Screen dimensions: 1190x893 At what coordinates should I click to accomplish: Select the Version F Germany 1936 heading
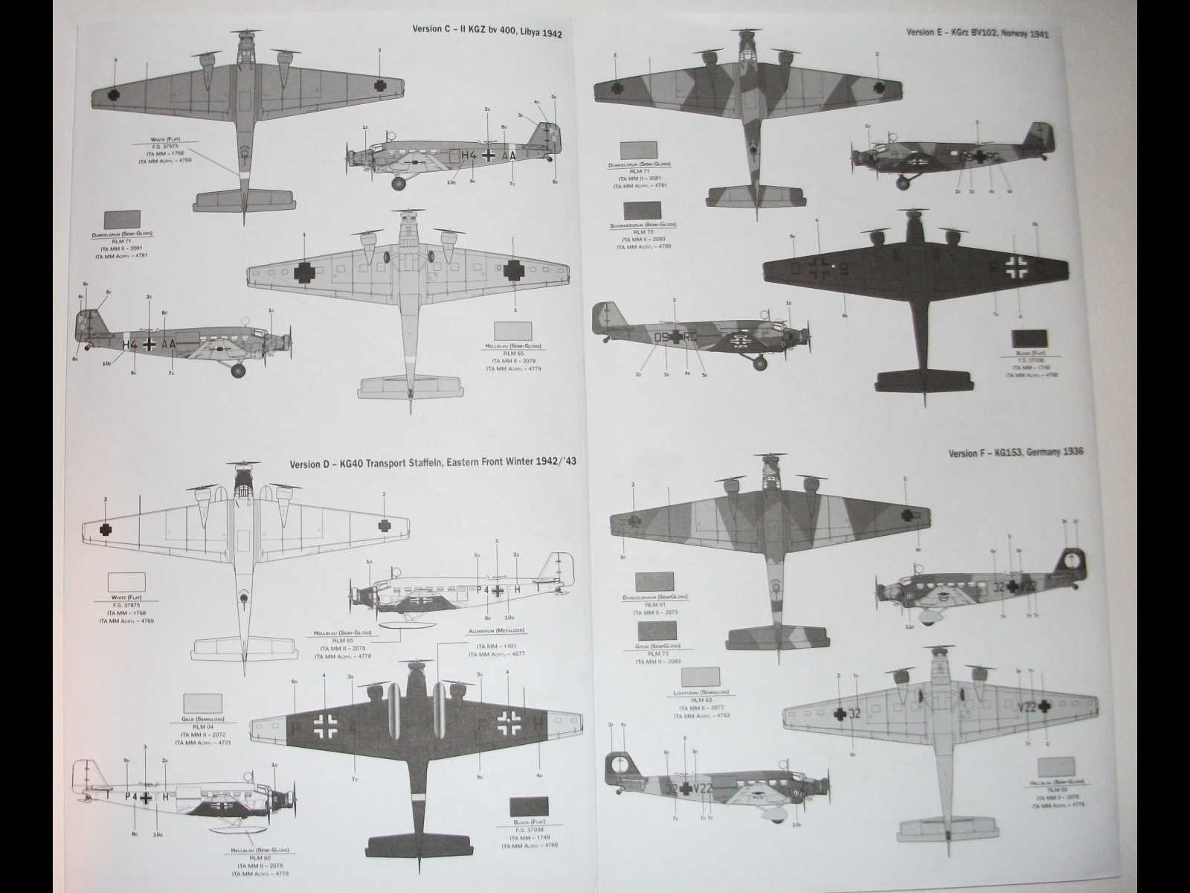coord(1016,454)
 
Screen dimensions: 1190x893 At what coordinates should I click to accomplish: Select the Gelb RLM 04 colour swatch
coord(202,704)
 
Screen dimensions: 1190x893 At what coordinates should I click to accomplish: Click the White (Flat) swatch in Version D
coord(127,582)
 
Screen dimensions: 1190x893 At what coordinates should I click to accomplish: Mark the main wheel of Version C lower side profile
coord(238,370)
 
